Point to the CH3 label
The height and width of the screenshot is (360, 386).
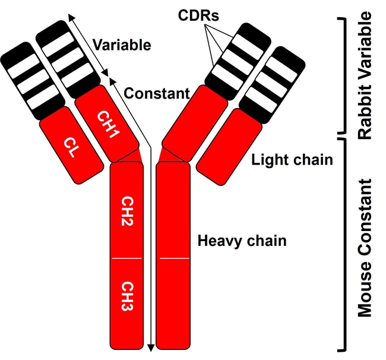pyautogui.click(x=126, y=298)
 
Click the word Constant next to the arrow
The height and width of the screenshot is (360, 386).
pyautogui.click(x=157, y=93)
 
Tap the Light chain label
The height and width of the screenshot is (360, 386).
pyautogui.click(x=292, y=160)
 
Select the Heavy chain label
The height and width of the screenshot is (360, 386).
pyautogui.click(x=242, y=241)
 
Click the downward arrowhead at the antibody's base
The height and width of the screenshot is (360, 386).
pyautogui.click(x=151, y=347)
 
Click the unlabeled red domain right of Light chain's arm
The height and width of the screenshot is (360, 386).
pyautogui.click(x=229, y=146)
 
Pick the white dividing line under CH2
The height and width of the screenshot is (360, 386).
pyautogui.click(x=126, y=259)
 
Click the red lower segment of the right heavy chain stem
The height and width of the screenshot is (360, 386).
pyautogui.click(x=173, y=303)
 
